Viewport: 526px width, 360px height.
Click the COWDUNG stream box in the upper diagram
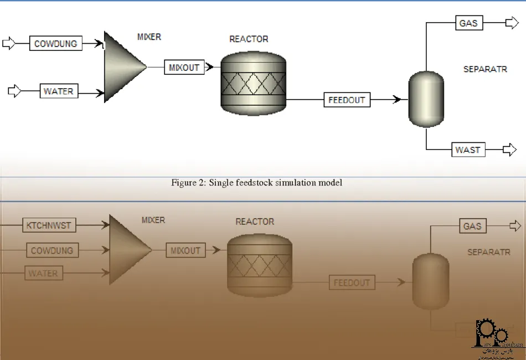pyautogui.click(x=55, y=44)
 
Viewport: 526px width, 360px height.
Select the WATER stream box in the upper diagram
pyautogui.click(x=58, y=91)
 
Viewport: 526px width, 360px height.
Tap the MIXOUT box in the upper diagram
pyautogui.click(x=184, y=68)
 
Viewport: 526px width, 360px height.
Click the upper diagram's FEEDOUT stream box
pyautogui.click(x=347, y=100)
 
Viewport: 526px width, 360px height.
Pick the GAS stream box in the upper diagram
pyautogui.click(x=468, y=23)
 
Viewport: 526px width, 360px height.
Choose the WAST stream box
pyautogui.click(x=468, y=150)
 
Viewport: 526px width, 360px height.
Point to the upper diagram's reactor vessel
pyautogui.click(x=253, y=82)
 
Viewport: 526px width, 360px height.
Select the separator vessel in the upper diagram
pyautogui.click(x=426, y=99)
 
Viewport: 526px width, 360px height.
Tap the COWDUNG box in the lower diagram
pyautogui.click(x=51, y=250)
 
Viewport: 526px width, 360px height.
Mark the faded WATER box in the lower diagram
pyautogui.click(x=43, y=273)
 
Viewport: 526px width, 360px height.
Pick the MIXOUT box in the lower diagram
pyautogui.click(x=185, y=250)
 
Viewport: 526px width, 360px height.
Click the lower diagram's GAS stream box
pyautogui.click(x=472, y=226)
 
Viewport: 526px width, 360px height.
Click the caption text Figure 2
pyautogui.click(x=256, y=183)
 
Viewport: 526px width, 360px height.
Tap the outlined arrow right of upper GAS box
pyautogui.click(x=510, y=23)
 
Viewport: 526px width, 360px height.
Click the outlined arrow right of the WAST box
pyautogui.click(x=509, y=150)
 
